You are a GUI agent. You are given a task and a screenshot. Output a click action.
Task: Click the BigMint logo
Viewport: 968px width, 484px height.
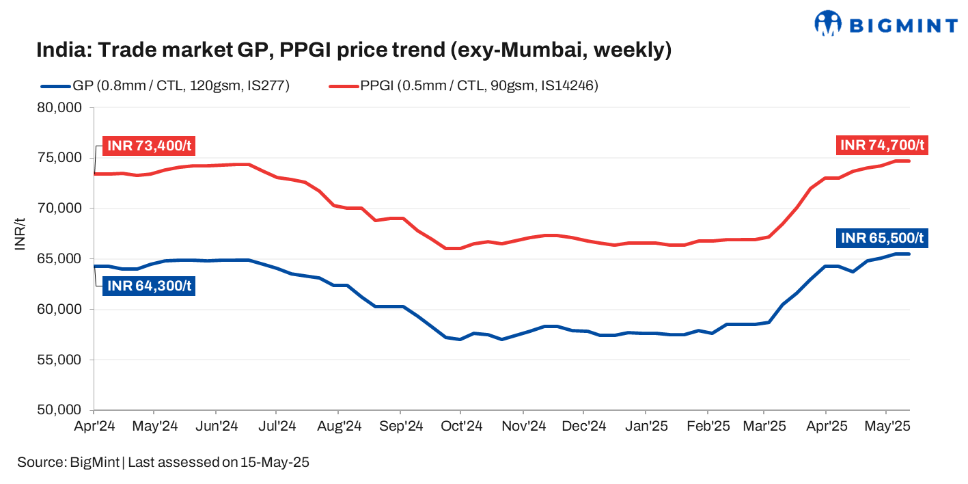point(885,24)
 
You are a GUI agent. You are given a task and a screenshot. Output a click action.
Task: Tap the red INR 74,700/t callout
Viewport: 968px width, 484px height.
point(881,145)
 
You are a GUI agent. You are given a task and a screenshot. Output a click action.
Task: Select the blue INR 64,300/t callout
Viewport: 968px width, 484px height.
point(148,286)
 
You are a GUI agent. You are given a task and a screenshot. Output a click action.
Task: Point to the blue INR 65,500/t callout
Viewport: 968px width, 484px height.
point(882,238)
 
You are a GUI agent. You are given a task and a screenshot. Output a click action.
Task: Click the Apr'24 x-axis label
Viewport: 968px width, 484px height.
point(94,427)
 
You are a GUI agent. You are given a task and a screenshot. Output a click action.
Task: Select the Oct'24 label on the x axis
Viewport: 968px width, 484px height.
point(462,427)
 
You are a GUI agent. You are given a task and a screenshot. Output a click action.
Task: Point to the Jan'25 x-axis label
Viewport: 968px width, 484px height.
point(646,427)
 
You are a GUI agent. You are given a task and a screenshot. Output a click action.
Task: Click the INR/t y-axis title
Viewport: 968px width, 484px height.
point(21,234)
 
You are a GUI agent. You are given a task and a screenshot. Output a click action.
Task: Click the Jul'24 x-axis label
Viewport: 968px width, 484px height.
point(277,427)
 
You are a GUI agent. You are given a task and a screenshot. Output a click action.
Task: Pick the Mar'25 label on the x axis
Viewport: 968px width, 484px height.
point(764,427)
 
